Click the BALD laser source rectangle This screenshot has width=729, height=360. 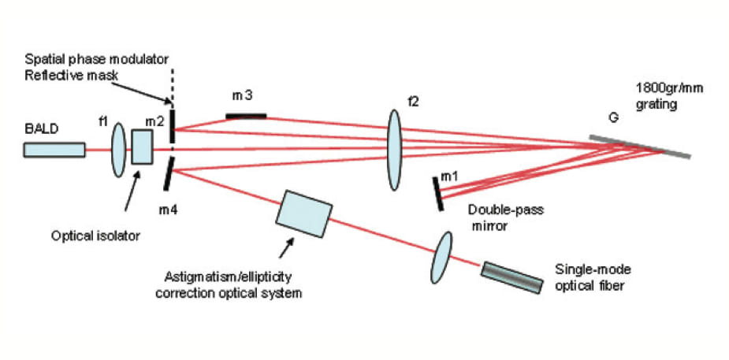54,150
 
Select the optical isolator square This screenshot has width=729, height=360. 142,147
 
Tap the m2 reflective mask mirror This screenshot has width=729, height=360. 170,127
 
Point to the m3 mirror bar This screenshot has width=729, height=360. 246,117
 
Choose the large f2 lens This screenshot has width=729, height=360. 394,150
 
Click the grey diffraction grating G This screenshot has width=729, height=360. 642,147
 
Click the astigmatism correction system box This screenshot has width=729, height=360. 304,213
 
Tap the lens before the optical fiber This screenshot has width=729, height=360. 442,257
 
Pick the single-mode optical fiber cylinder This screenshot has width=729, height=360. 512,277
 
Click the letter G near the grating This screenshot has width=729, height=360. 611,118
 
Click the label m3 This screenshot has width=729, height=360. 242,96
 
